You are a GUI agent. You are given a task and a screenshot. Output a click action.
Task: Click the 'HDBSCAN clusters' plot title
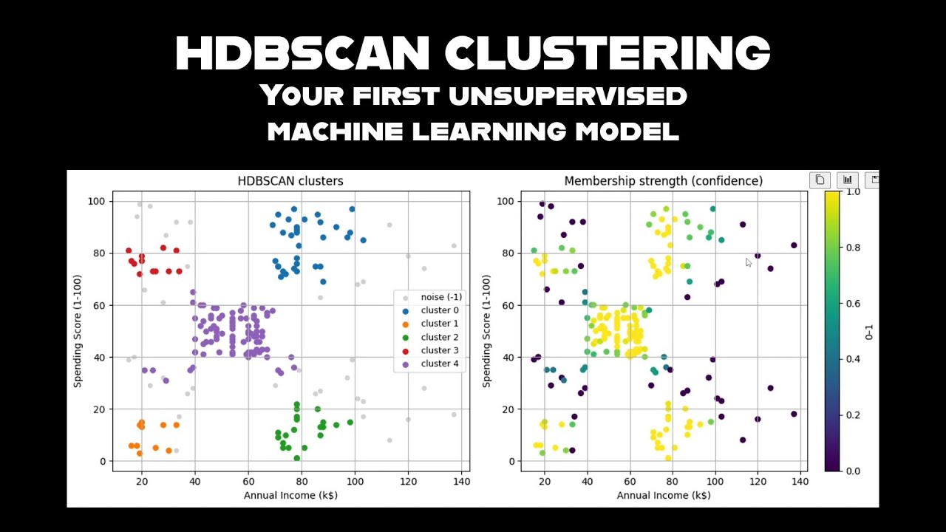(290, 181)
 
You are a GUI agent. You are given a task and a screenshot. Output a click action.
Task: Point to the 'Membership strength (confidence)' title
(663, 181)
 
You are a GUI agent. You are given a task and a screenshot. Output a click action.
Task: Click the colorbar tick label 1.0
(852, 191)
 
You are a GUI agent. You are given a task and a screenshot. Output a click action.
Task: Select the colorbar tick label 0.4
(852, 359)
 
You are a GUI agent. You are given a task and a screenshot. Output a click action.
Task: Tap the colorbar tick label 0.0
(852, 471)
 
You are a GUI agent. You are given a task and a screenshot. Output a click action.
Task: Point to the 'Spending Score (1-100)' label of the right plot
(486, 331)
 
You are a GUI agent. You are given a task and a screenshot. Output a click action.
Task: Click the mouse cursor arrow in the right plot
(749, 262)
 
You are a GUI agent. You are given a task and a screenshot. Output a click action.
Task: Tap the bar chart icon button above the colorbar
(847, 180)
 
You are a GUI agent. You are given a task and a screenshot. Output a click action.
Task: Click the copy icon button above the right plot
(820, 180)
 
